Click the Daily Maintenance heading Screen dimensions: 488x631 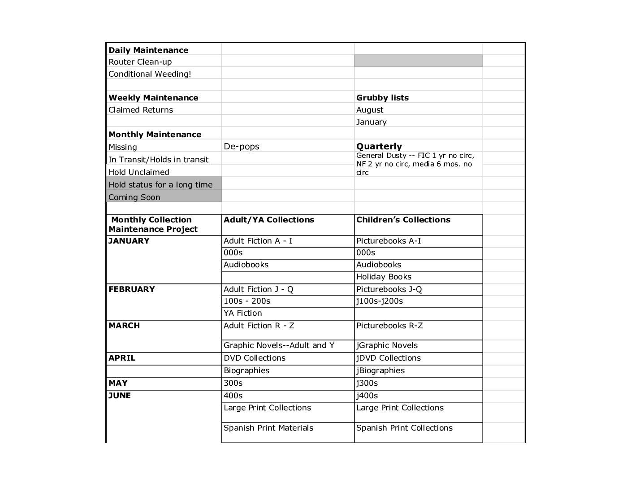coord(148,50)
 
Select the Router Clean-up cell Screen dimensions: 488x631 coord(140,62)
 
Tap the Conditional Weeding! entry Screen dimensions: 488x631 coord(150,74)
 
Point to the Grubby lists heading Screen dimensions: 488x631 coord(382,98)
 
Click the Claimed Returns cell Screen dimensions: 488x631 coord(140,110)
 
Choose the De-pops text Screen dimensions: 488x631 coord(241,147)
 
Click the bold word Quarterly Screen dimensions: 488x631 coord(379,146)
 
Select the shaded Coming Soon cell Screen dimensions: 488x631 coord(134,197)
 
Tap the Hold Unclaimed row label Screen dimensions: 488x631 coord(138,172)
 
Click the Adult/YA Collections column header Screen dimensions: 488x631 coord(269,220)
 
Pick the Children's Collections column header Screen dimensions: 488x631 coord(403,220)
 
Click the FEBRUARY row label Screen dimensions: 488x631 coord(131,289)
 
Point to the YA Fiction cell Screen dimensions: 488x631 coord(242,313)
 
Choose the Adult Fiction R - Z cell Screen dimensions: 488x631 coord(259,326)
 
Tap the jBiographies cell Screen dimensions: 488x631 coord(380,370)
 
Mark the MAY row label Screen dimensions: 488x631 coord(118,383)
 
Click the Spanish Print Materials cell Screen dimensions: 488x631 coord(268,428)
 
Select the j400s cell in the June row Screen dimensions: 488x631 coord(367,396)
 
